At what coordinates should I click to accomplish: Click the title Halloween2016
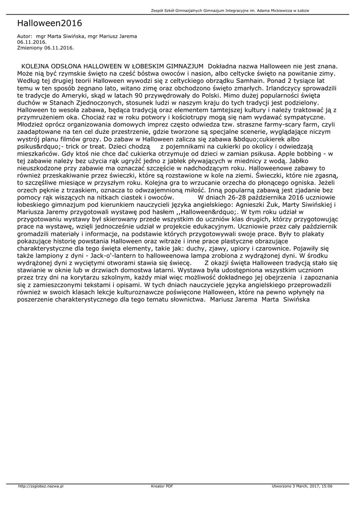click(49, 23)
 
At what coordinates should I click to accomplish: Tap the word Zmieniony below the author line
click(29, 48)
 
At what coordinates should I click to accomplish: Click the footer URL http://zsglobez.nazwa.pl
click(41, 486)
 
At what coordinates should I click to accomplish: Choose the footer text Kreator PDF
click(162, 486)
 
